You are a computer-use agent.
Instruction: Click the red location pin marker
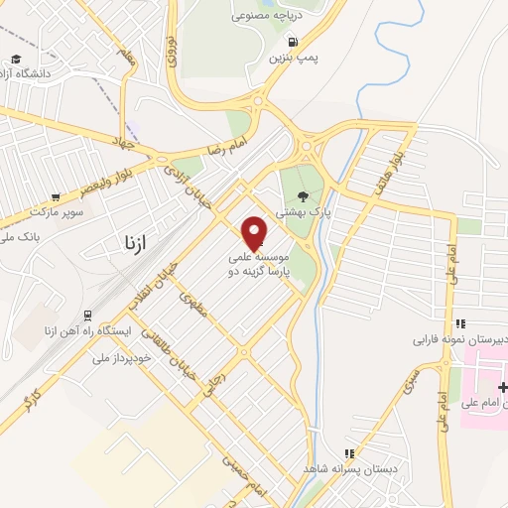click(255, 232)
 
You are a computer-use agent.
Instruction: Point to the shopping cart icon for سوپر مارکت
click(56, 197)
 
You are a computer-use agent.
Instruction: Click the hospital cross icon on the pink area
click(503, 386)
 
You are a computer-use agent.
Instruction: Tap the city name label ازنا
click(131, 243)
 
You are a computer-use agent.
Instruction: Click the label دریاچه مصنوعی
click(266, 16)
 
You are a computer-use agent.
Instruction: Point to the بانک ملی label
click(20, 237)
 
